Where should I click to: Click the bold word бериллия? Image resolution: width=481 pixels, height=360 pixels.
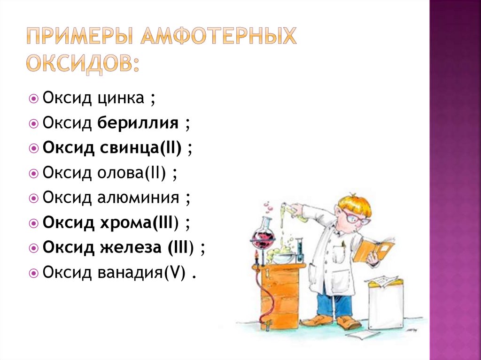pos(138,123)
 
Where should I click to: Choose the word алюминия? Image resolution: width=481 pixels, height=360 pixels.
pos(138,198)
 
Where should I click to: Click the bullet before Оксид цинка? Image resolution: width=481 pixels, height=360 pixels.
pos(34,99)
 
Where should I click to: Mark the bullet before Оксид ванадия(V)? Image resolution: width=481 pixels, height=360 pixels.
pos(34,273)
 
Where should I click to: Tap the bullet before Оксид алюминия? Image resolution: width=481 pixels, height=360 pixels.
pos(34,199)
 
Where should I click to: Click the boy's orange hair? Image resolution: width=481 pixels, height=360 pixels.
pos(354,204)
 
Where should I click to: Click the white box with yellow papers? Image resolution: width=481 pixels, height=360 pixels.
pos(386,305)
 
